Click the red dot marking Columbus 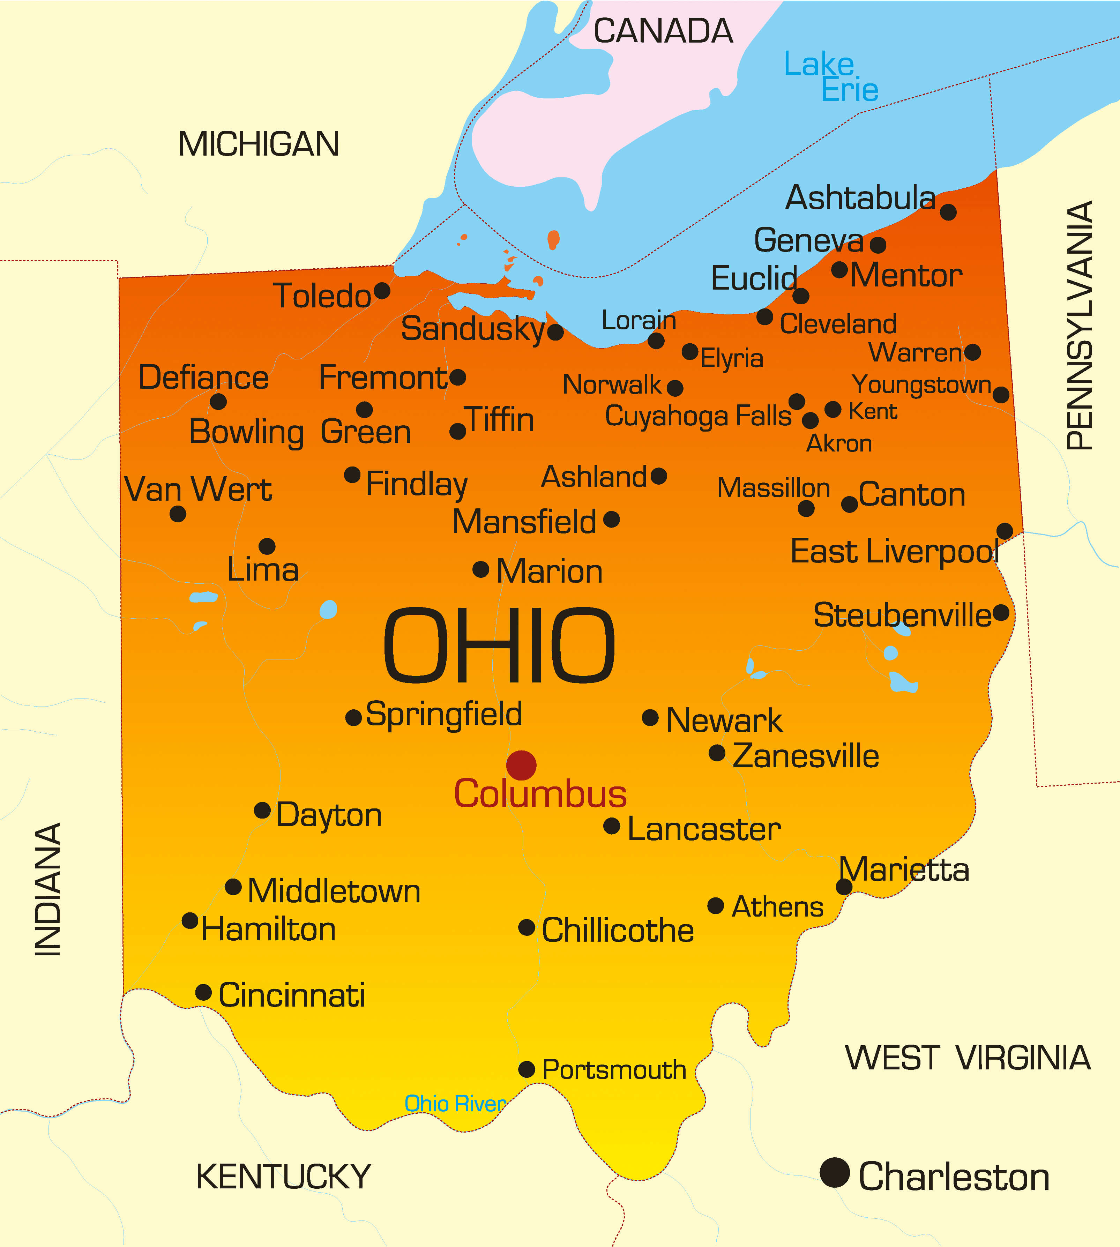click(x=521, y=765)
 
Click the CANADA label click(x=663, y=31)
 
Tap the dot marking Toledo click(x=382, y=291)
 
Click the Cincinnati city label click(x=292, y=995)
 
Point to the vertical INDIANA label click(x=47, y=889)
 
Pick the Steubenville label click(x=902, y=615)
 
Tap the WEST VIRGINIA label click(x=968, y=1058)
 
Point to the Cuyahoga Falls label click(x=698, y=416)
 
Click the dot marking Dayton click(x=262, y=810)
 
